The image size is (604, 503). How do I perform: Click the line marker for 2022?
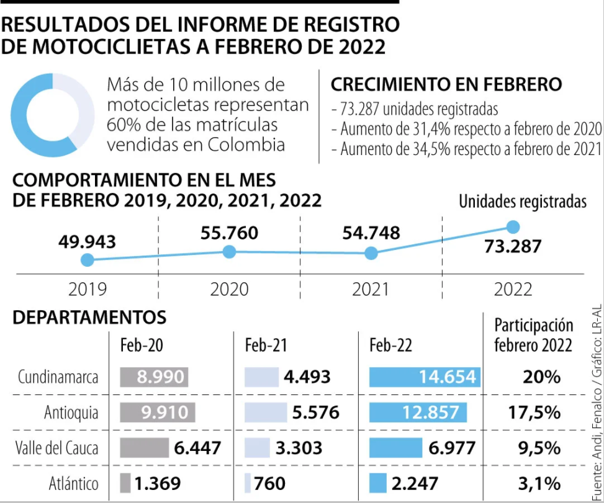click(x=513, y=227)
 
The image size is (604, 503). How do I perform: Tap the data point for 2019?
click(x=88, y=260)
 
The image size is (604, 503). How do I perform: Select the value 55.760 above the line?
click(x=229, y=234)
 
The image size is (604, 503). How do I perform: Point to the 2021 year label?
click(x=370, y=289)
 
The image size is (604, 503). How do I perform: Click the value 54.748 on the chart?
click(x=371, y=234)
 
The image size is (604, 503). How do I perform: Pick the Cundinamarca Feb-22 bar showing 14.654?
click(x=424, y=376)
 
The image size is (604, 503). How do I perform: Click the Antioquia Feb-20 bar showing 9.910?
click(x=157, y=412)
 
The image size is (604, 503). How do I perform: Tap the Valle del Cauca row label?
click(x=56, y=448)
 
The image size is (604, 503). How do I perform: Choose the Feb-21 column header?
click(x=266, y=345)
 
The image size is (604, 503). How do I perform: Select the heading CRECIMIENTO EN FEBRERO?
click(x=446, y=85)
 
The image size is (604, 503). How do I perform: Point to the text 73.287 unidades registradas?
click(x=415, y=110)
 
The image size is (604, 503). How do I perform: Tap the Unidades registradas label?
click(x=523, y=202)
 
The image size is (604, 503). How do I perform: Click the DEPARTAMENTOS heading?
click(x=90, y=318)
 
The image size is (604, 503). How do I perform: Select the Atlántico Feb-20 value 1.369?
click(x=156, y=483)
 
